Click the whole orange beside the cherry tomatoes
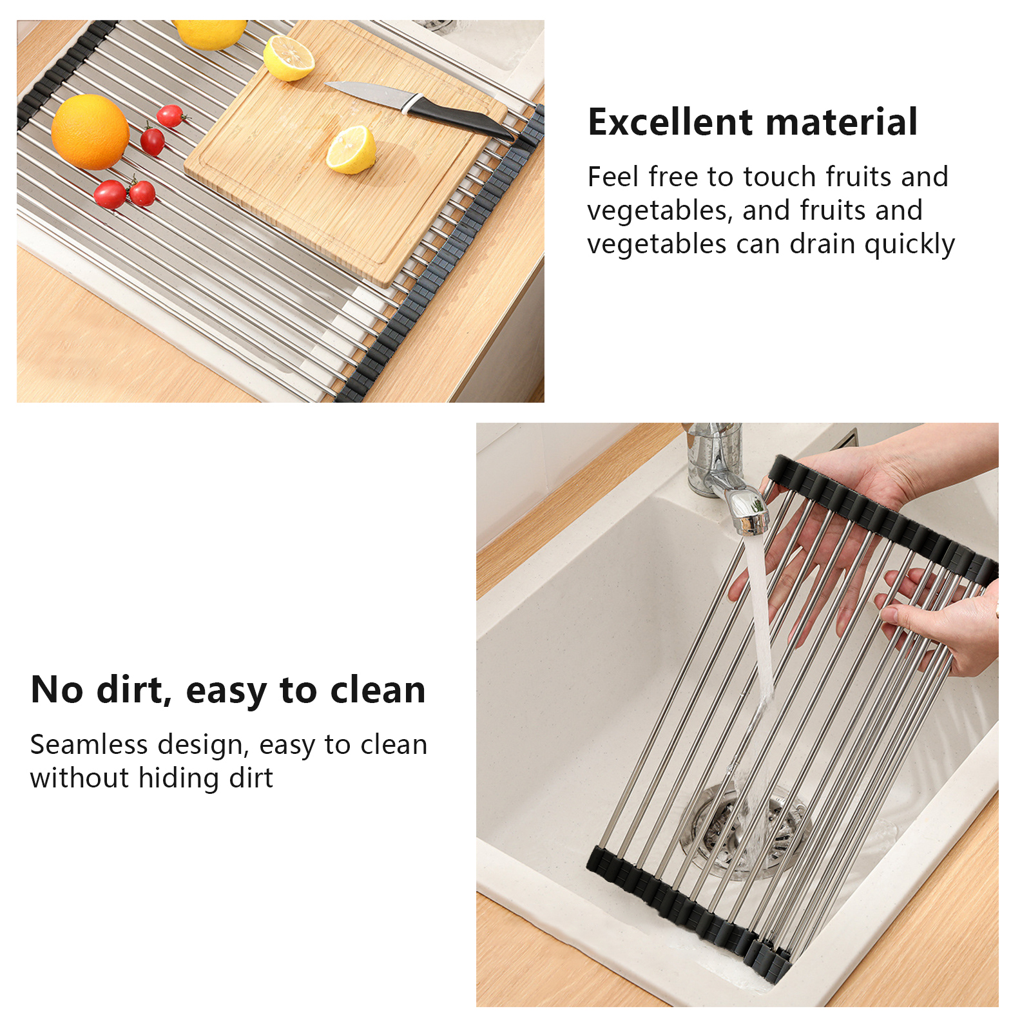[90, 132]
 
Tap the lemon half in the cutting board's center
[351, 149]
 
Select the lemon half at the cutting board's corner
[289, 58]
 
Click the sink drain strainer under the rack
[744, 831]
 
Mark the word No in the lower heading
[57, 690]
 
